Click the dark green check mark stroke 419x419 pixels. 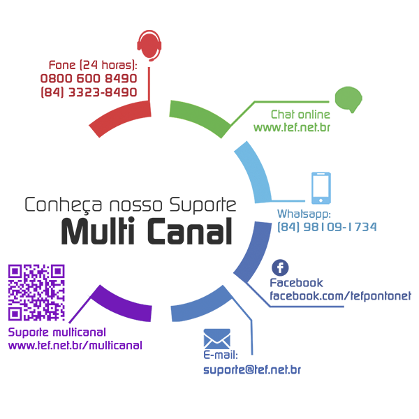pyautogui.click(x=203, y=119)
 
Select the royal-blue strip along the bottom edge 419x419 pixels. pyautogui.click(x=279, y=363)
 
